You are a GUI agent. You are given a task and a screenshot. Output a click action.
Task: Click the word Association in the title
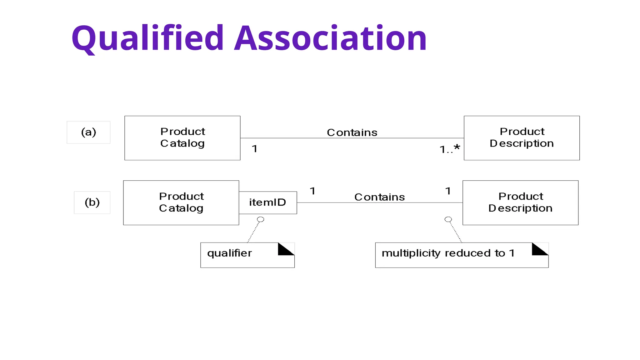pyautogui.click(x=330, y=38)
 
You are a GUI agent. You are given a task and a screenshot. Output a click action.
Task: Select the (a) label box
pyautogui.click(x=88, y=132)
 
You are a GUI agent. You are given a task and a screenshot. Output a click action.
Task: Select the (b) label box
pyautogui.click(x=92, y=202)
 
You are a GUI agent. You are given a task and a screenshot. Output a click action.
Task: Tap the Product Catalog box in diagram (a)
pyautogui.click(x=182, y=138)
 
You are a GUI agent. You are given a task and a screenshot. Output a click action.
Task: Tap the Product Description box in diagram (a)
pyautogui.click(x=522, y=138)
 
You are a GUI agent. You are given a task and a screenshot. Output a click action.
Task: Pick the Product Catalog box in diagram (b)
pyautogui.click(x=181, y=202)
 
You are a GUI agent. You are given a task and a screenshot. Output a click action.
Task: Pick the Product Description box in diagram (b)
pyautogui.click(x=520, y=202)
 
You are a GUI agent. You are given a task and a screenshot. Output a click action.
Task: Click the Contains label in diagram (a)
pyautogui.click(x=352, y=132)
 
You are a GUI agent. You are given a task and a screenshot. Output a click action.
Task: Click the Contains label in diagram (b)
pyautogui.click(x=379, y=197)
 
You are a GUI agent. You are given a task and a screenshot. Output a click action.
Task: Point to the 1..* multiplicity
pyautogui.click(x=449, y=149)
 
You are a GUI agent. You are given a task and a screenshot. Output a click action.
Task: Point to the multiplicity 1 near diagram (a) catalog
pyautogui.click(x=255, y=149)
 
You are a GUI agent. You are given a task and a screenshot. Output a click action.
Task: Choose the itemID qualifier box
pyautogui.click(x=268, y=202)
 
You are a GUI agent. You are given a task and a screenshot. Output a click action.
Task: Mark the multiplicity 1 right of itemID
pyautogui.click(x=312, y=191)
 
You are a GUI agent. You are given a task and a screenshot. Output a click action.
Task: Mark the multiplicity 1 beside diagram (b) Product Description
pyautogui.click(x=448, y=191)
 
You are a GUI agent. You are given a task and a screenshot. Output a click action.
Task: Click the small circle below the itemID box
pyautogui.click(x=261, y=219)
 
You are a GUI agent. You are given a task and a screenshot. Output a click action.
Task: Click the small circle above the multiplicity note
pyautogui.click(x=448, y=219)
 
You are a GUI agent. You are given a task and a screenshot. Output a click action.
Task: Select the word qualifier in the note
pyautogui.click(x=229, y=253)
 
